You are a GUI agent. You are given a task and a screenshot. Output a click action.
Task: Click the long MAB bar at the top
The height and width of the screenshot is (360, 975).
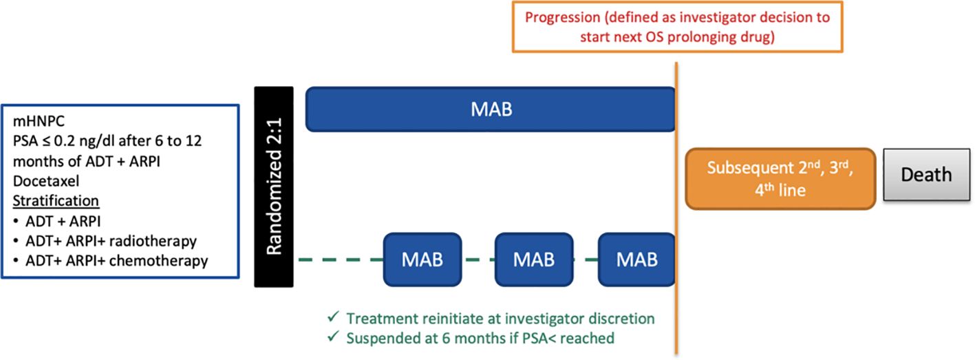click(x=491, y=109)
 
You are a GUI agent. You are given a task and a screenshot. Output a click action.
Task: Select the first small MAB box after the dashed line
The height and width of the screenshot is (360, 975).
click(x=422, y=260)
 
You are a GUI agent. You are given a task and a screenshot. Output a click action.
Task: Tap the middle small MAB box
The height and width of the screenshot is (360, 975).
click(x=534, y=260)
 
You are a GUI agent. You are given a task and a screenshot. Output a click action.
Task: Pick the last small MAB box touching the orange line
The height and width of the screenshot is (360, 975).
click(x=636, y=260)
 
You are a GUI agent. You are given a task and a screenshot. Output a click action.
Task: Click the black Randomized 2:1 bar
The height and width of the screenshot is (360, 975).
click(x=274, y=187)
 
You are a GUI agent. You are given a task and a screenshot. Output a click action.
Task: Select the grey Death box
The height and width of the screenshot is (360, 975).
click(x=927, y=175)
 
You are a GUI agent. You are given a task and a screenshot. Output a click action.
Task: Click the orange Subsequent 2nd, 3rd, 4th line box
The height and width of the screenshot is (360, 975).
click(x=780, y=179)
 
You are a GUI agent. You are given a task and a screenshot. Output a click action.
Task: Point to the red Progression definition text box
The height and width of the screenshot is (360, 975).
click(x=677, y=27)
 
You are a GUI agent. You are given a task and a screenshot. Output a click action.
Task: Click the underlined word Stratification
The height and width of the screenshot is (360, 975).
click(x=56, y=201)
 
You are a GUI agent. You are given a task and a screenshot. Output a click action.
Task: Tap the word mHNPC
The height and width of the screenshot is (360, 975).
click(x=39, y=121)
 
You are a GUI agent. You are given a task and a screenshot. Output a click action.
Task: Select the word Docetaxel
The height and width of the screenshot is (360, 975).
click(x=46, y=180)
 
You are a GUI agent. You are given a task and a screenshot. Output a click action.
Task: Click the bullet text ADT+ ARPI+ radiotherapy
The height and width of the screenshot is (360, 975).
click(x=111, y=241)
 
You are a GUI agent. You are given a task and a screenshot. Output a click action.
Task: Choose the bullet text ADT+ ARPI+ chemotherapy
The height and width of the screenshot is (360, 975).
click(x=117, y=261)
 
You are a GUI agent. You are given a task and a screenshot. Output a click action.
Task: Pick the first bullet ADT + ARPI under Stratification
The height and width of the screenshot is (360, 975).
click(x=63, y=221)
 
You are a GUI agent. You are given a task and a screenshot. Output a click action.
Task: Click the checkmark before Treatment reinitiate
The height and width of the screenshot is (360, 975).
click(x=334, y=317)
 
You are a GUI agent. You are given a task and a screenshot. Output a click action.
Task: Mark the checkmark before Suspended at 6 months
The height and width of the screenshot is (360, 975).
click(x=334, y=336)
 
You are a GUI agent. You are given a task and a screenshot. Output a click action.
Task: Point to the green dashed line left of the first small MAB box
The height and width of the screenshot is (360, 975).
click(x=341, y=260)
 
